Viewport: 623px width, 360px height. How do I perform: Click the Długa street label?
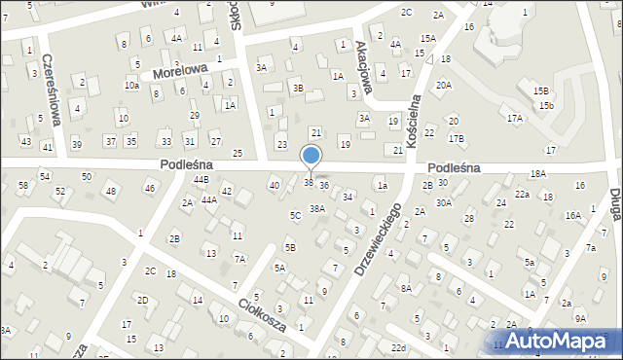click(x=615, y=208)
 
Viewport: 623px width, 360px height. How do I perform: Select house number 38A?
click(x=316, y=208)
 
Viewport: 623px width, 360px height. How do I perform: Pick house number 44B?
click(x=201, y=180)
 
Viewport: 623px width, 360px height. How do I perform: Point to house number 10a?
click(x=131, y=86)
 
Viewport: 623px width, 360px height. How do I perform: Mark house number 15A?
click(x=427, y=38)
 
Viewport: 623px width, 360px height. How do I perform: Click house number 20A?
click(x=443, y=85)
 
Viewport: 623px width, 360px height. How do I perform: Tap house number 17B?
click(x=456, y=138)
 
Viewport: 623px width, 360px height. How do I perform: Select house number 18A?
click(x=537, y=173)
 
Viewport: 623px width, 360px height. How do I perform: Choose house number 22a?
click(x=523, y=195)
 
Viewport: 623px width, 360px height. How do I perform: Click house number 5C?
click(x=294, y=214)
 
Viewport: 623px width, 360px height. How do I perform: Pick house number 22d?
click(x=397, y=347)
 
